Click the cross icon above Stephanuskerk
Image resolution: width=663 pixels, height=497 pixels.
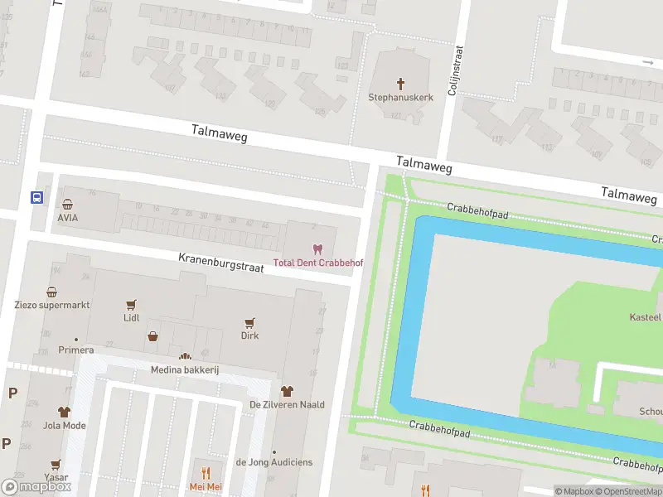point(401,83)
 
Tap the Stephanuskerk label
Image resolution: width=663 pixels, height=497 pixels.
point(401,97)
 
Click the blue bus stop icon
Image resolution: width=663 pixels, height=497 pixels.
point(36,197)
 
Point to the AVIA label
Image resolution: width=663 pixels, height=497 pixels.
point(68,217)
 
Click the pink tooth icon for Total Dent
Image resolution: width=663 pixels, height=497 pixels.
point(315,248)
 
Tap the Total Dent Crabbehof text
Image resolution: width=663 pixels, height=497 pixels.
point(318,263)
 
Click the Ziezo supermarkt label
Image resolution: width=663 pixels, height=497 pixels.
point(52,305)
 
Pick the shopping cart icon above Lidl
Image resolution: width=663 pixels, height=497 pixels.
point(131,304)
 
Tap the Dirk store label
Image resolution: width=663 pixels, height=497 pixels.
point(249,335)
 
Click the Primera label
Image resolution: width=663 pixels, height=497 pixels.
point(75,350)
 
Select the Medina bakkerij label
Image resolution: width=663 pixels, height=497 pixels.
point(184,369)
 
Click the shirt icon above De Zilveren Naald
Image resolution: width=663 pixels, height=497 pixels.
point(287,391)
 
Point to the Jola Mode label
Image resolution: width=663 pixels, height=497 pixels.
point(65,426)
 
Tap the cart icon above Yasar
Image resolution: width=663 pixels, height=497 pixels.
point(56,465)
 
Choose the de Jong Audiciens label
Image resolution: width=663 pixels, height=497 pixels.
point(274,462)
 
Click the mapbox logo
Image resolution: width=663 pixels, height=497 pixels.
point(36,487)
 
